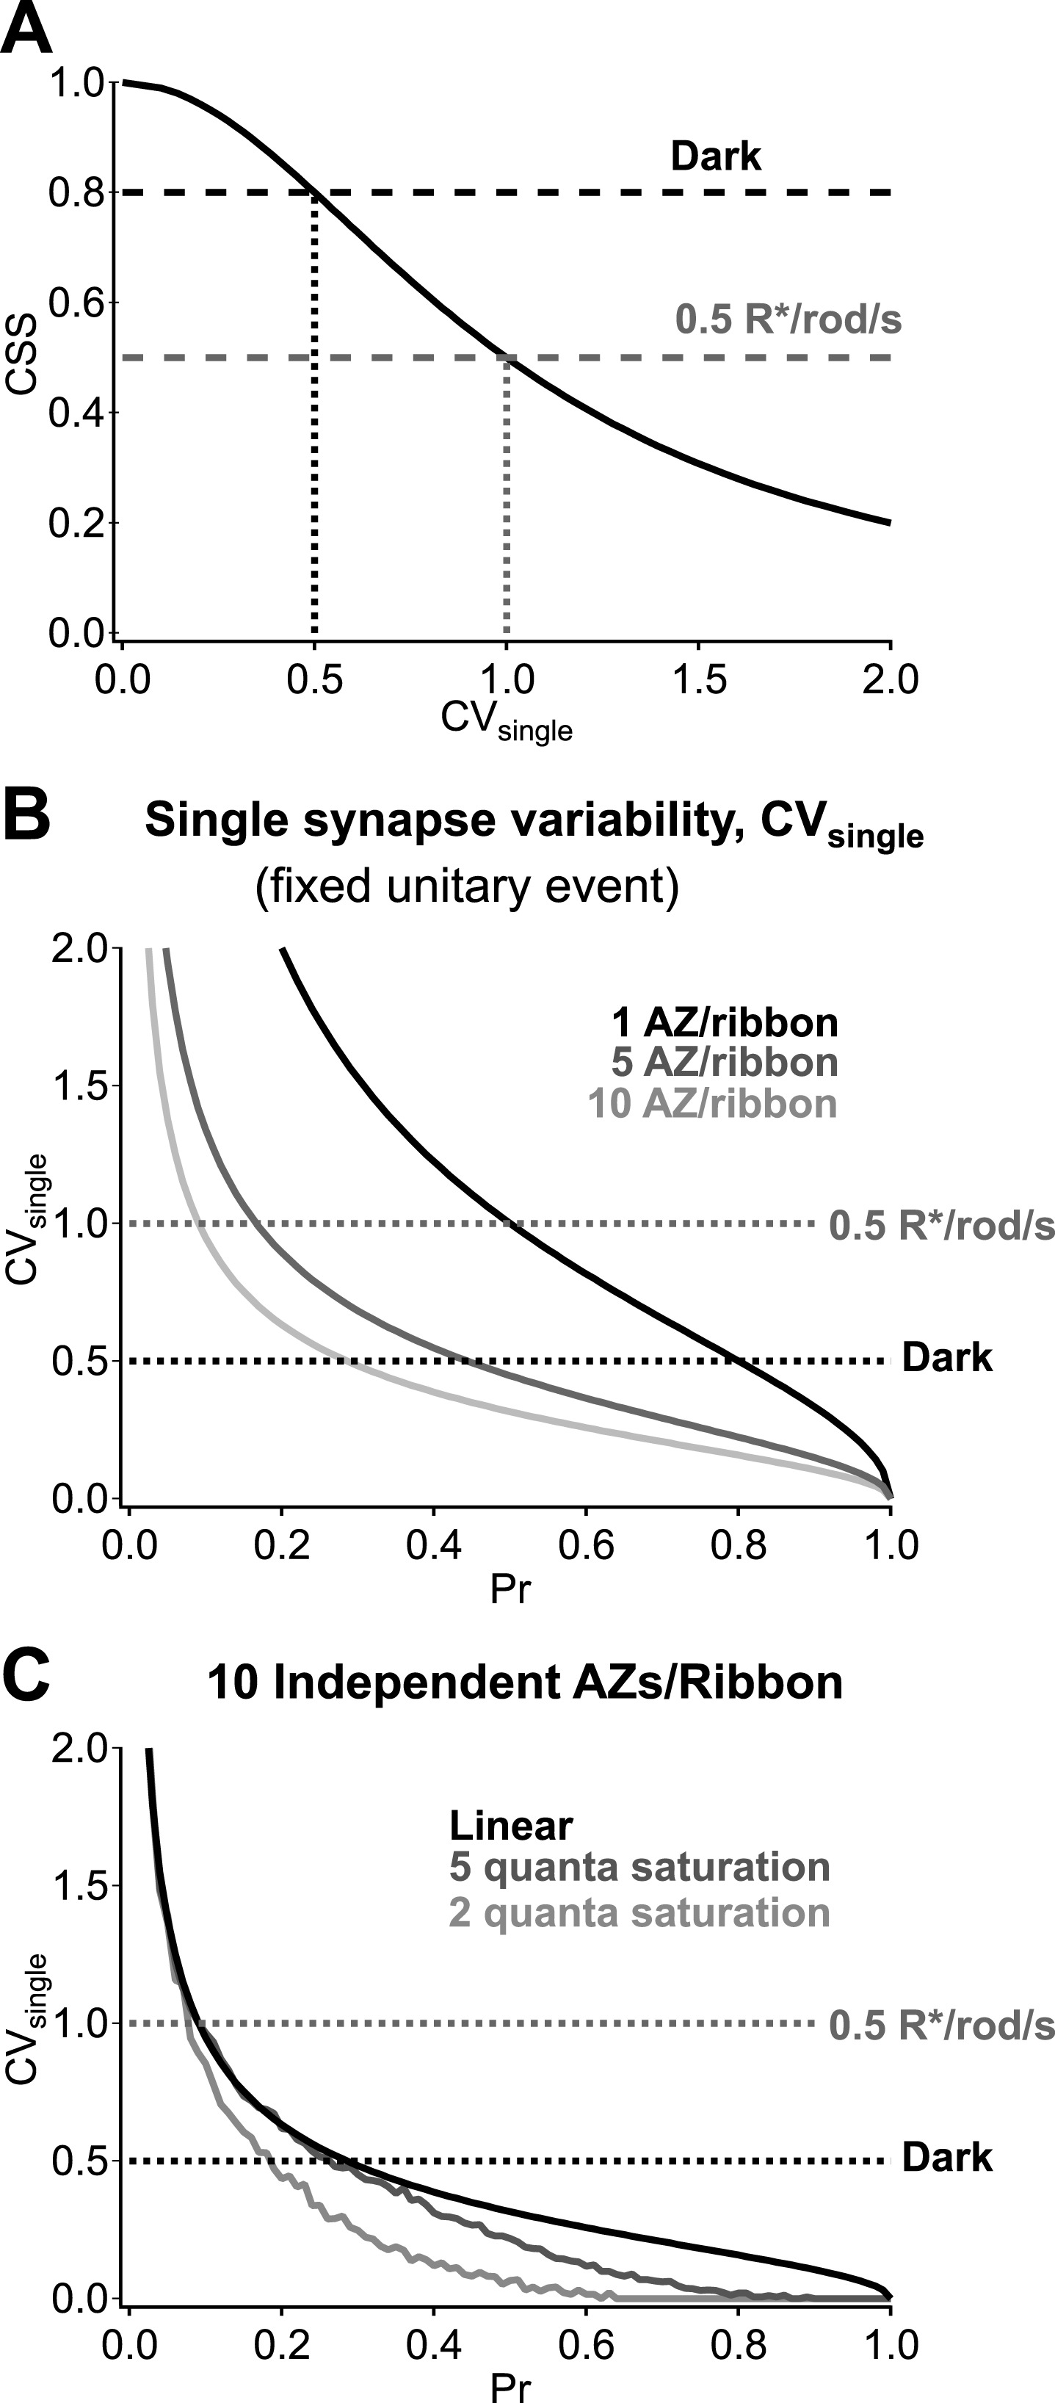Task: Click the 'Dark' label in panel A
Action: [x=716, y=156]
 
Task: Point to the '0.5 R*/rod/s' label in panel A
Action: [x=788, y=320]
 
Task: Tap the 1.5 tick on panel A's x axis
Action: [x=699, y=679]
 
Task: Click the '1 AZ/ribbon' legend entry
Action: [x=724, y=1023]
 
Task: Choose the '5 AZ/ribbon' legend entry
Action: [x=724, y=1063]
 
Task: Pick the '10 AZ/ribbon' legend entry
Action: [x=711, y=1104]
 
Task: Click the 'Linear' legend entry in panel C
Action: [x=511, y=1826]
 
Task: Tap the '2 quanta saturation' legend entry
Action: [x=639, y=1912]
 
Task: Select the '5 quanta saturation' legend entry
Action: [x=639, y=1868]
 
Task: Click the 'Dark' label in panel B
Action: [x=947, y=1358]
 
